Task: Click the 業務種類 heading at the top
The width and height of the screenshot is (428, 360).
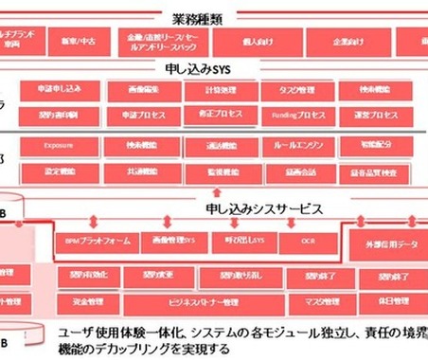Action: tap(215, 15)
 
